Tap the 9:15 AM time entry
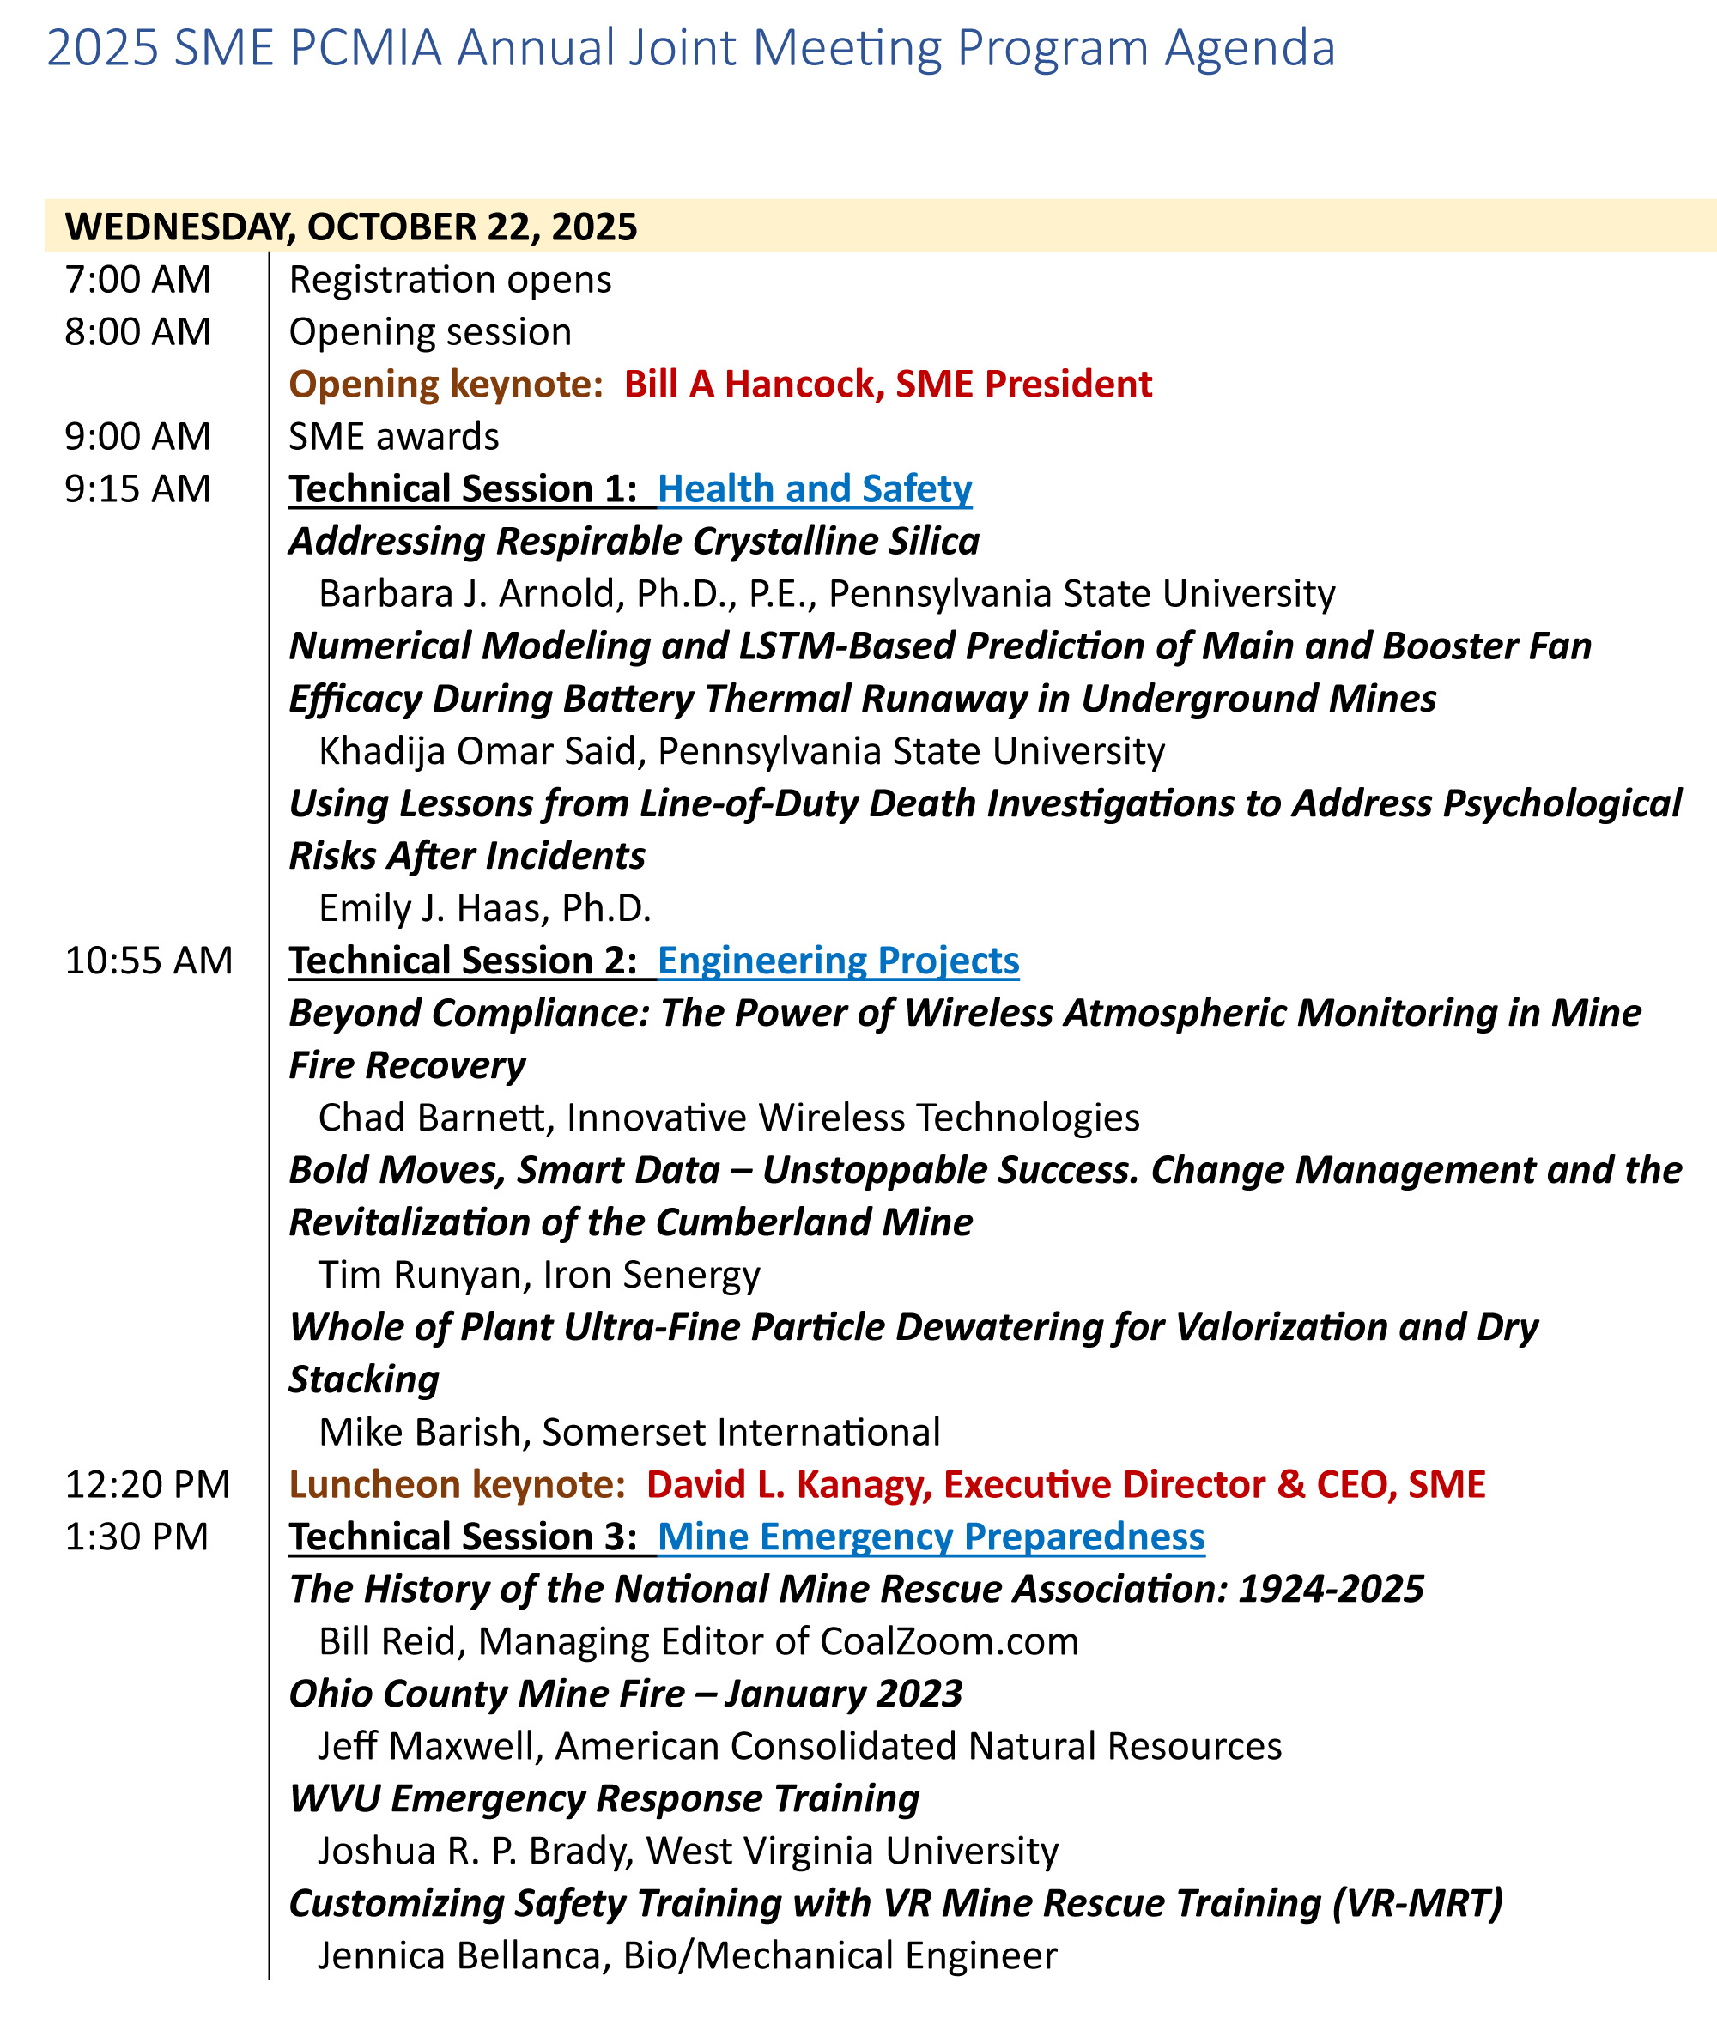point(137,489)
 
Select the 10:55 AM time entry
point(149,961)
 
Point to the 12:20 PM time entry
point(148,1484)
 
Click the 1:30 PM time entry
point(137,1537)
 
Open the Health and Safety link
point(815,489)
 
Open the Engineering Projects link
point(838,961)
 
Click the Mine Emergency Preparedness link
point(931,1537)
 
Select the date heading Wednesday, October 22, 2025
point(350,227)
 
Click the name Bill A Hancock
point(754,385)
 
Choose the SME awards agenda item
point(393,437)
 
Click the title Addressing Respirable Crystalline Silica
point(634,541)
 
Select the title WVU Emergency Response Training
point(604,1798)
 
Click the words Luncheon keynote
point(457,1484)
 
